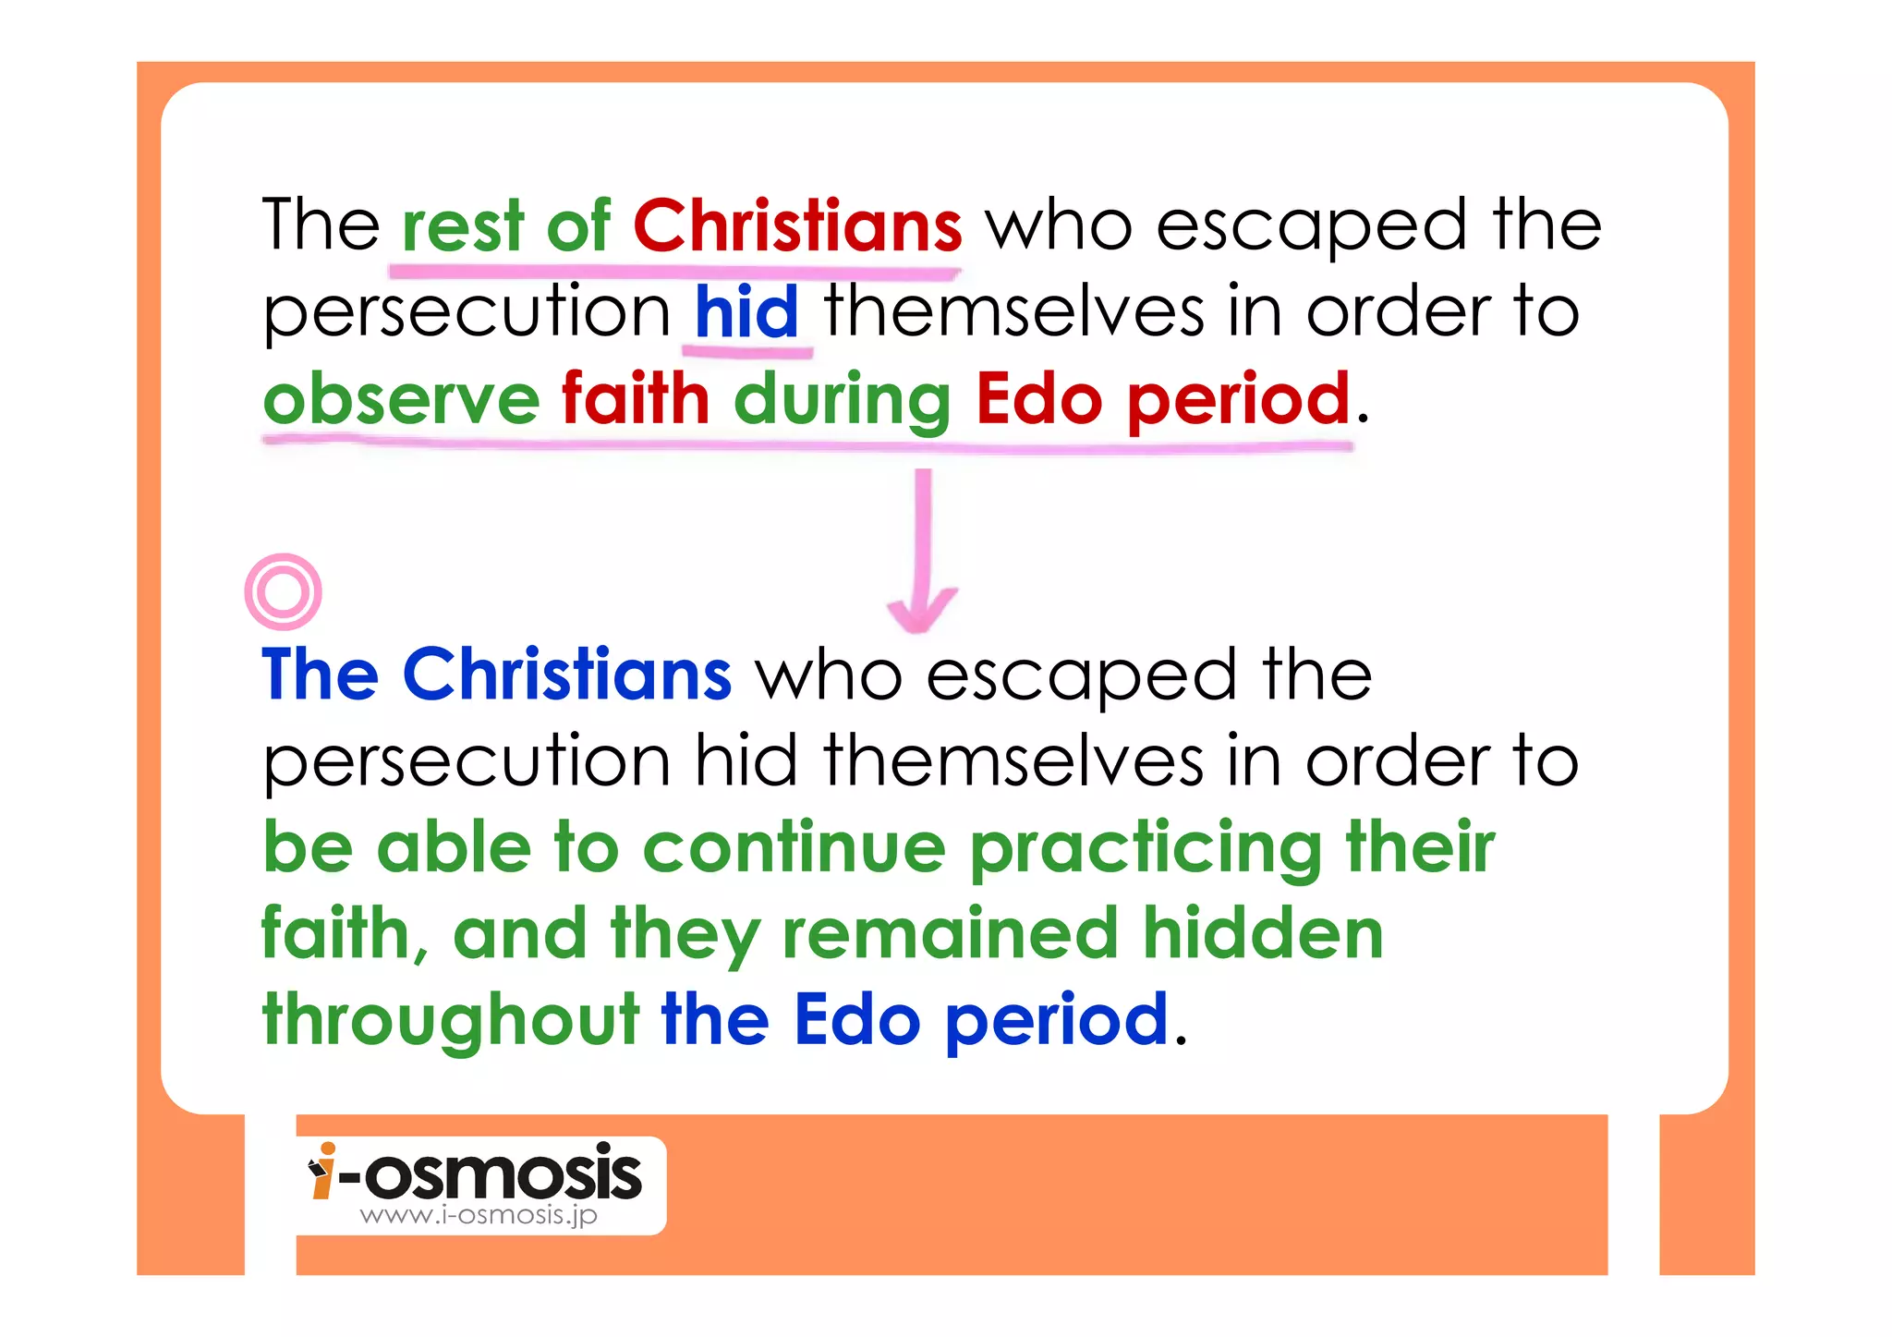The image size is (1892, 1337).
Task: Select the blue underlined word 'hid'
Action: click(x=746, y=311)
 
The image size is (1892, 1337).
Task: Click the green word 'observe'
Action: click(x=401, y=399)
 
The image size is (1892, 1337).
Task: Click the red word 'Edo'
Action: click(x=1038, y=399)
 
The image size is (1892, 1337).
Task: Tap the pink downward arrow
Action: click(x=922, y=554)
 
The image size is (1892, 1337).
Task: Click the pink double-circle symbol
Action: click(x=284, y=591)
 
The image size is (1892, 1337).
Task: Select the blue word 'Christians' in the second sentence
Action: click(x=566, y=675)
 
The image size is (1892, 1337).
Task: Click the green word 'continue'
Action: click(x=794, y=847)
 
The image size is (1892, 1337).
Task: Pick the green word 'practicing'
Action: click(x=1146, y=849)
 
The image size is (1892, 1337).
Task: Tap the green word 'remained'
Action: click(x=951, y=933)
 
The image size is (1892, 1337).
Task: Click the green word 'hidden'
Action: click(x=1263, y=933)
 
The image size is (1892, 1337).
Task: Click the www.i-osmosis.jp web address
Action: click(x=479, y=1215)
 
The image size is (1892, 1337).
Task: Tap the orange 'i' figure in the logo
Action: click(x=322, y=1172)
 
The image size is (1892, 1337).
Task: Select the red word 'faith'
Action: click(x=635, y=399)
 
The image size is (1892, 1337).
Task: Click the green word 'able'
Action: click(x=454, y=847)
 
